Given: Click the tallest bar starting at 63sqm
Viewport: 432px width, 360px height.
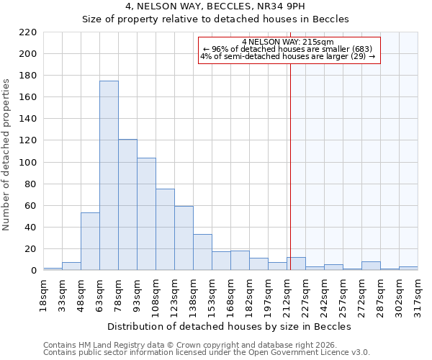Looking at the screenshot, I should [x=109, y=176].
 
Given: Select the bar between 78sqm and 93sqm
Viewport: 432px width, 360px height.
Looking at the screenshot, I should [x=127, y=204].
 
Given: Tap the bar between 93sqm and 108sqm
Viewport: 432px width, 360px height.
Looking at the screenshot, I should [x=146, y=214].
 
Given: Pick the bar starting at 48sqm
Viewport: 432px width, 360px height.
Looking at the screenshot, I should [x=90, y=241].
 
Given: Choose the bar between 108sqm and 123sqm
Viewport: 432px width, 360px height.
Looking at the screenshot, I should [x=165, y=230].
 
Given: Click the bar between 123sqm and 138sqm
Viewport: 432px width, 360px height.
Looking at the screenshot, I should [x=184, y=238].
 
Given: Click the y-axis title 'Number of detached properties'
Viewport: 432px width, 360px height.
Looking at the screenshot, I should [x=7, y=155].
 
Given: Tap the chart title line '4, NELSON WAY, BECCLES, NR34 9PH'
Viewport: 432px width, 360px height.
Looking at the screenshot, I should [x=215, y=6].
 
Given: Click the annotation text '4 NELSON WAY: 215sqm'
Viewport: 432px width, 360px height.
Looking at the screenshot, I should [x=288, y=42].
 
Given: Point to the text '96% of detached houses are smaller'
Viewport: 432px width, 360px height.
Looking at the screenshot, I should [x=287, y=49].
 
